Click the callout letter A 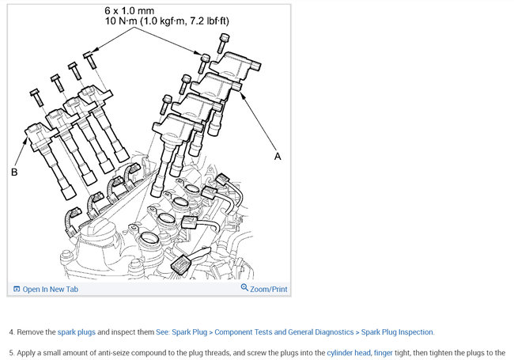point(278,157)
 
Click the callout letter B point(14,171)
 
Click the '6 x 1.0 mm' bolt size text point(131,9)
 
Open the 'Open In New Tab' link point(51,290)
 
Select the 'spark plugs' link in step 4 point(77,332)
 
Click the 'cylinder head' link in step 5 point(350,352)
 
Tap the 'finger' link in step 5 point(383,352)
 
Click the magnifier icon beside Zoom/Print point(244,289)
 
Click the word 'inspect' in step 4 point(127,332)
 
